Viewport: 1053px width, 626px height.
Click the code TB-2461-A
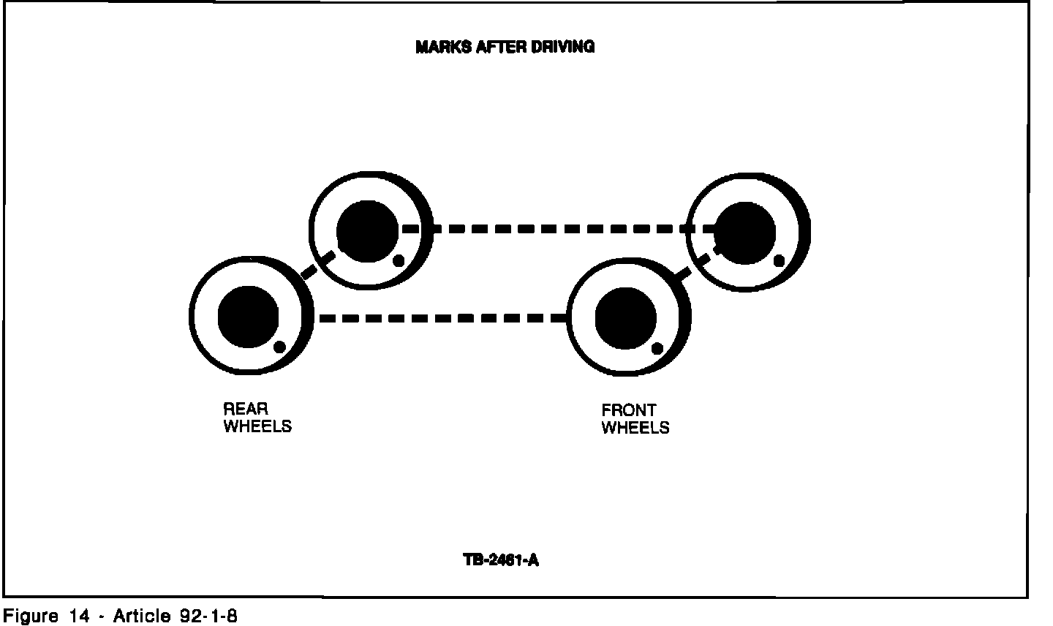coord(502,561)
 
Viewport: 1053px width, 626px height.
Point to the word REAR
coord(246,410)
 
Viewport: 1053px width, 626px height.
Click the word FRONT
coord(629,410)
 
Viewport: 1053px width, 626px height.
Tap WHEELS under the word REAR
coord(257,426)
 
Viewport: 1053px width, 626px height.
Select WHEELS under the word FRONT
coord(635,428)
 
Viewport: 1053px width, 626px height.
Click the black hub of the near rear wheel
coord(249,317)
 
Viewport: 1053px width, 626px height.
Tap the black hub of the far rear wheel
coord(367,232)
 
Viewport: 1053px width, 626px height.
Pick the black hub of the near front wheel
coord(626,319)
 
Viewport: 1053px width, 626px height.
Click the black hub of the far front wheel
coord(744,233)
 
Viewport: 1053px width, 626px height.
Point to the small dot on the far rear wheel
coord(399,260)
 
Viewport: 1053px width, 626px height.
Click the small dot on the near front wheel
coord(657,348)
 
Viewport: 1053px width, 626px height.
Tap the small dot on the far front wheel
coord(780,260)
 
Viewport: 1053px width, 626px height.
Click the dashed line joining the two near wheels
coord(442,318)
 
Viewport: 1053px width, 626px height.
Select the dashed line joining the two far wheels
coord(556,229)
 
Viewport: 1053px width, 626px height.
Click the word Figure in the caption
coord(31,616)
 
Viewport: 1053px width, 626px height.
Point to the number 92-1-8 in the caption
coord(208,616)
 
